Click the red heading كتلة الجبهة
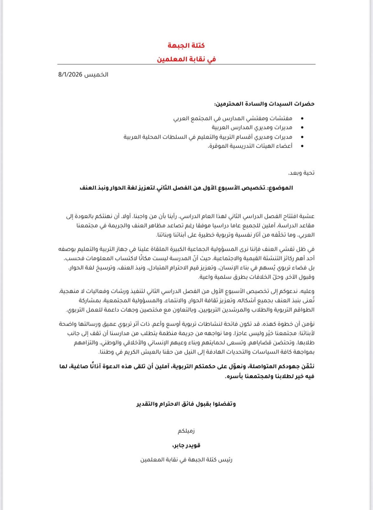186,45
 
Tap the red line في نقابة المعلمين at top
186,59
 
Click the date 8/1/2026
70,75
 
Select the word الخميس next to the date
97,75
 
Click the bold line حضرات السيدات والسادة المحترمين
264,104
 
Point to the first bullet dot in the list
303,119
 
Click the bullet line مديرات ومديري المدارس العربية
252,128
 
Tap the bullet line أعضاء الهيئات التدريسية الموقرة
250,146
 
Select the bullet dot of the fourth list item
303,146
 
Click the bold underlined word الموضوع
281,188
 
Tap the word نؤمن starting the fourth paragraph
308,324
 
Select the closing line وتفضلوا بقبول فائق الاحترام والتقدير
186,404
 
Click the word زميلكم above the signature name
186,431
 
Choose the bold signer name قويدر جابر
186,446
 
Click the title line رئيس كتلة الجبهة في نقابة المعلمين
186,460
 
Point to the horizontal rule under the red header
186,64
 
